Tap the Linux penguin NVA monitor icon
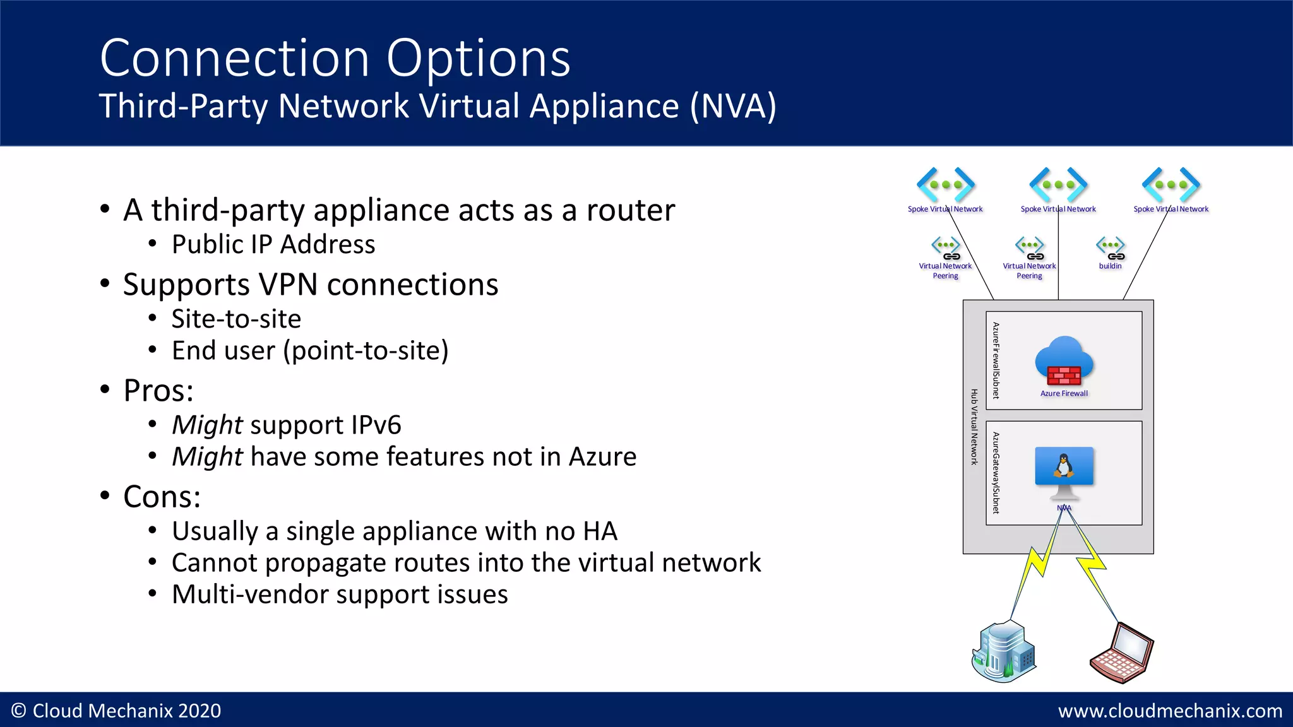1064,471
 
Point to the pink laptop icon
1122,653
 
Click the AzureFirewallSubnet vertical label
996,360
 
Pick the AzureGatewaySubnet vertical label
996,473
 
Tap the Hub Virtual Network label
974,427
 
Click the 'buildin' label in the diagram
1110,266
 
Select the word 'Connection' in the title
234,58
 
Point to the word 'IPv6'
376,425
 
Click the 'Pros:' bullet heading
158,391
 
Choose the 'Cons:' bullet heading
162,497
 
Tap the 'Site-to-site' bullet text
236,319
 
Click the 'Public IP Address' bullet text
273,244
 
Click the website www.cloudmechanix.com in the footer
1170,711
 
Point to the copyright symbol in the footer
19,711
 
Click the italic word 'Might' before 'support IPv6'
207,425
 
